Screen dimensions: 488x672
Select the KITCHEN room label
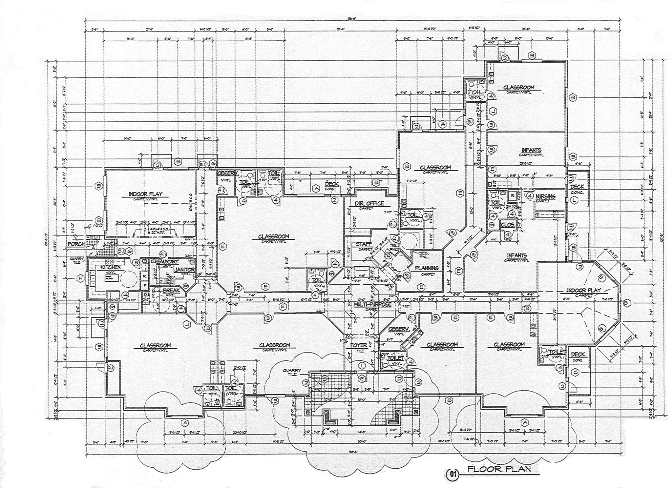(111, 267)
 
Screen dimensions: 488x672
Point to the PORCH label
(76, 244)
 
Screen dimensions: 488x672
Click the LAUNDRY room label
(168, 262)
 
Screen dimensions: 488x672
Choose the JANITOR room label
(185, 270)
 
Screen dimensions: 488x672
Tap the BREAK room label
(171, 291)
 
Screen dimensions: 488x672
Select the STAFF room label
(364, 244)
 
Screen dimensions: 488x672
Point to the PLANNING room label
(427, 268)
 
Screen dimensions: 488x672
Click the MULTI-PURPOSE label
(372, 305)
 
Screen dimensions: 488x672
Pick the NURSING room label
(545, 196)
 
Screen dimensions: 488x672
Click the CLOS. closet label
(507, 225)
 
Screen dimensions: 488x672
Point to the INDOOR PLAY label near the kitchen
(145, 194)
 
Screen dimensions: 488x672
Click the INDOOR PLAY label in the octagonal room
(584, 290)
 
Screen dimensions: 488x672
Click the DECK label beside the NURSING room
(577, 187)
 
